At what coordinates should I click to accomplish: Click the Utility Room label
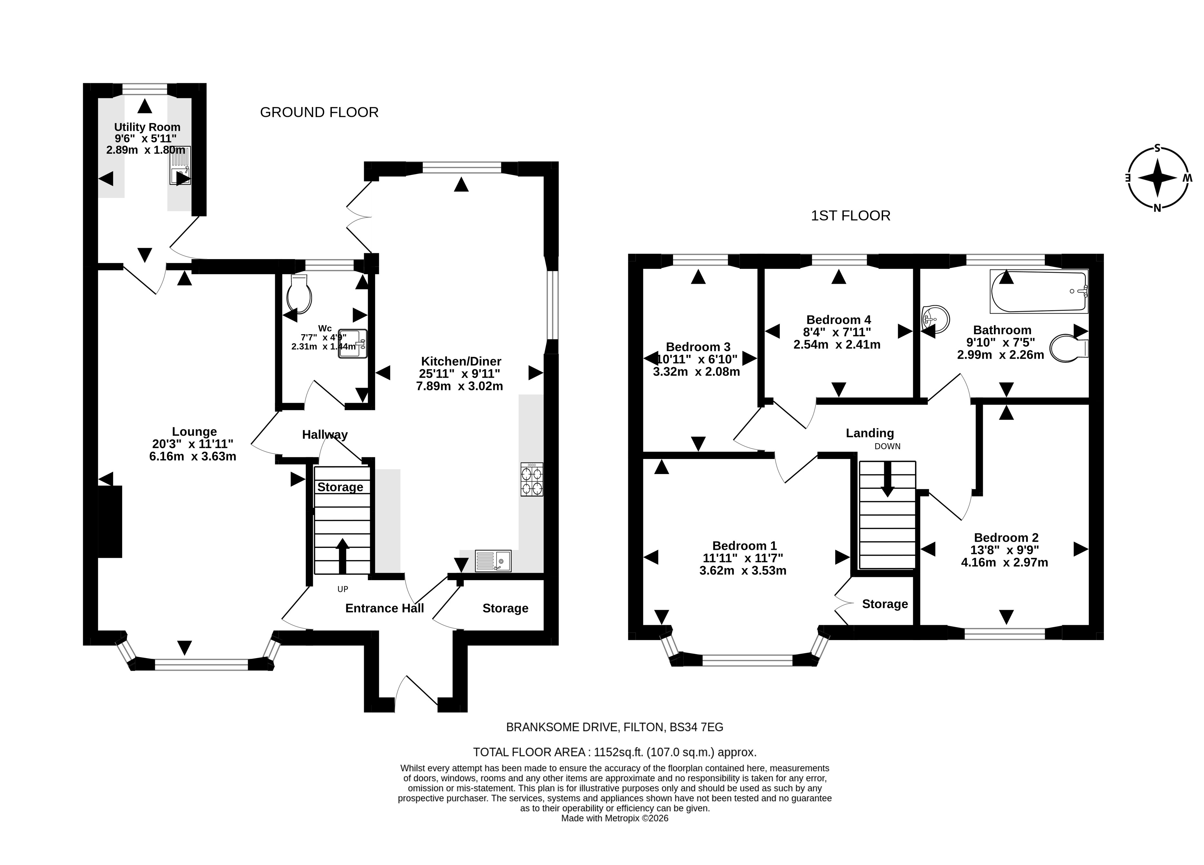tap(147, 127)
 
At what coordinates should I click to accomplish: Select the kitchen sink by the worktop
tap(493, 561)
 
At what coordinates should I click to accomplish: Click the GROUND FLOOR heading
tap(319, 112)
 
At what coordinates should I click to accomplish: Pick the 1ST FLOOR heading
tap(851, 216)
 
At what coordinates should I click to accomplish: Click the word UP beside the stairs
tap(343, 589)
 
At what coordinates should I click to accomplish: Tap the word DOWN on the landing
tap(888, 446)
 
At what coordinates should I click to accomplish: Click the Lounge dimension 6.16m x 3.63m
tap(193, 456)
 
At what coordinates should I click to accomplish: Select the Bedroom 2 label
tap(1006, 537)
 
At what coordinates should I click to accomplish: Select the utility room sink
tap(180, 165)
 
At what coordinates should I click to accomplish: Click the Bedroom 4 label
tap(838, 320)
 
